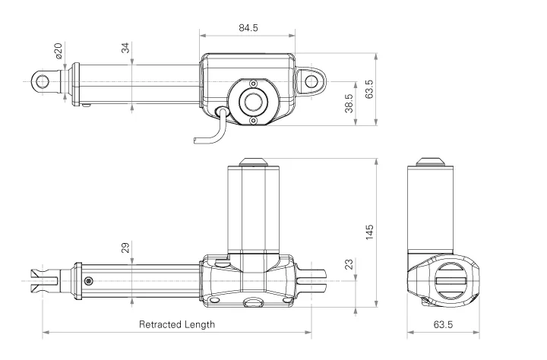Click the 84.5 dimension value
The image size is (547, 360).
pyautogui.click(x=248, y=27)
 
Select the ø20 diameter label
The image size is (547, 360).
pyautogui.click(x=58, y=52)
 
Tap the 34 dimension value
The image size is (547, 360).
pyautogui.click(x=125, y=49)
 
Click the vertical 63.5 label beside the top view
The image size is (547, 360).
pyautogui.click(x=370, y=89)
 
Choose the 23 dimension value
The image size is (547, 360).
pyautogui.click(x=349, y=264)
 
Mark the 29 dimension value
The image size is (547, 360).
pyautogui.click(x=125, y=248)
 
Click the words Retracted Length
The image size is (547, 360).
pyautogui.click(x=176, y=324)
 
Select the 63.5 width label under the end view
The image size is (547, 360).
pyautogui.click(x=442, y=324)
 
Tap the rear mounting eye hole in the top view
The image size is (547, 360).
pyautogui.click(x=310, y=79)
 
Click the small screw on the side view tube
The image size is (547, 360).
pyautogui.click(x=89, y=280)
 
